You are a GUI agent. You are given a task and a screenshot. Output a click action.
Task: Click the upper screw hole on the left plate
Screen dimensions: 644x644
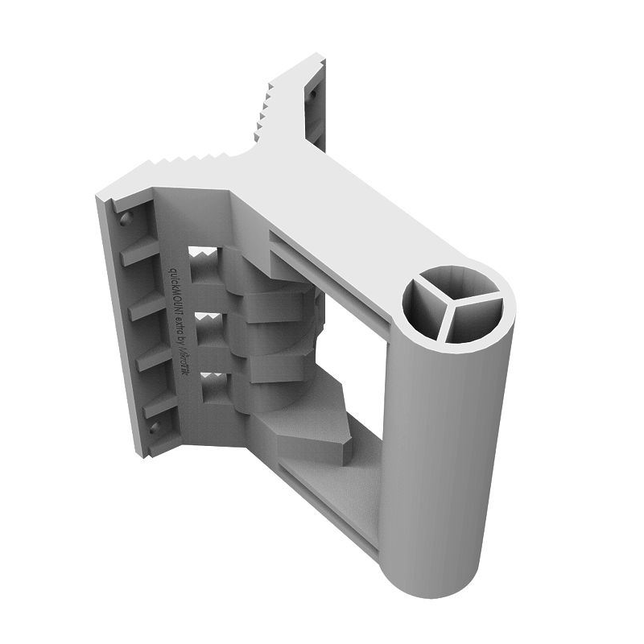click(x=122, y=219)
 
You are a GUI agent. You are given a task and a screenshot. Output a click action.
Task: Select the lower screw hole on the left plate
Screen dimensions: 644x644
click(x=152, y=427)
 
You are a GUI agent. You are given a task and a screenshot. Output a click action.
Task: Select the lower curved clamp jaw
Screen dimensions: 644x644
click(x=274, y=366)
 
